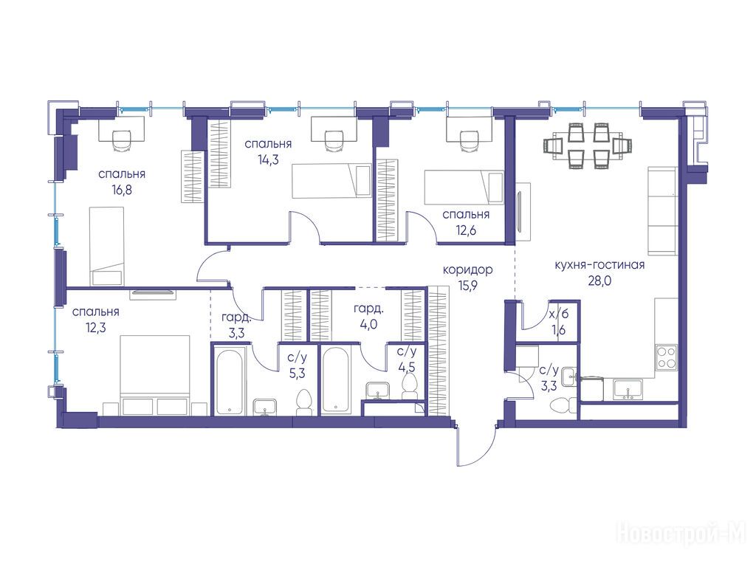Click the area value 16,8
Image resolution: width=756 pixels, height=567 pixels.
click(122, 190)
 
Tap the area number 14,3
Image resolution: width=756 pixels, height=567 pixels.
click(268, 160)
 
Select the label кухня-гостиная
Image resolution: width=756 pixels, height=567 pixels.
click(599, 265)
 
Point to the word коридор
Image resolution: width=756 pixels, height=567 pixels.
click(467, 269)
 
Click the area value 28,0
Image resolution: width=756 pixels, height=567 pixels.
click(599, 281)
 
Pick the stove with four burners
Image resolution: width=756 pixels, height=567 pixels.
click(667, 358)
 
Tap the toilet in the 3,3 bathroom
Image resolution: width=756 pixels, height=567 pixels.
click(564, 403)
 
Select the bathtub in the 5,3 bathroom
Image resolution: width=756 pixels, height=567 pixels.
click(230, 382)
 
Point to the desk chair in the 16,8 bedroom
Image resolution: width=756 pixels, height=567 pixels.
click(122, 141)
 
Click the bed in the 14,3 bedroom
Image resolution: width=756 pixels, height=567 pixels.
click(331, 181)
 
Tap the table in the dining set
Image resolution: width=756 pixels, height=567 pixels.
click(588, 145)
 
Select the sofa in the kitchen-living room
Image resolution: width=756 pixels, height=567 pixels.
click(662, 210)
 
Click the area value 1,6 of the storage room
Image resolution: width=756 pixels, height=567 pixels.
click(560, 330)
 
